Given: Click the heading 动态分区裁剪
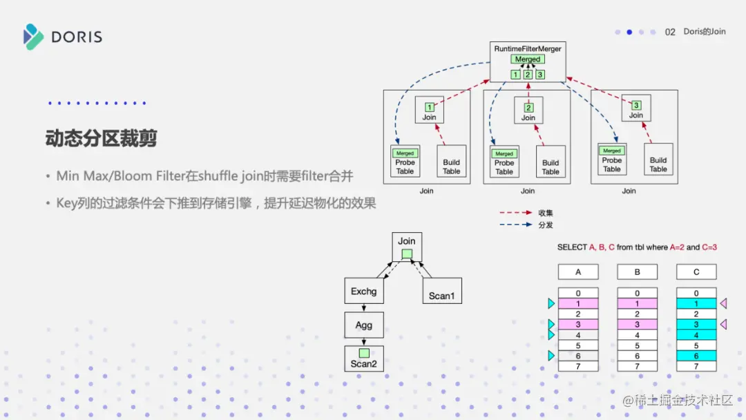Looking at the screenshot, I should [101, 138].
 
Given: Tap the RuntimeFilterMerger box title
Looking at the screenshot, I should [527, 49].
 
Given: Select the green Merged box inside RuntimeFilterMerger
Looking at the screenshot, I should [528, 59].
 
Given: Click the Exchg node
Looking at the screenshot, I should [364, 292].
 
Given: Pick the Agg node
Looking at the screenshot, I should [364, 325].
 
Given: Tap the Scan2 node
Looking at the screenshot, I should [364, 359].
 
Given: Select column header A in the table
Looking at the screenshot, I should [578, 271].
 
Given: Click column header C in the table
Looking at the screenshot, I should [696, 271].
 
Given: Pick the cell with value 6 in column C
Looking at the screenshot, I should [696, 356].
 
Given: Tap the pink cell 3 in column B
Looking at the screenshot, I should [637, 325].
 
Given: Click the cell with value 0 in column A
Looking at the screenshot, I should [578, 294].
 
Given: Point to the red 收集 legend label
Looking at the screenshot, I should [545, 213].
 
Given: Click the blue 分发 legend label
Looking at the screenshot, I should [545, 225].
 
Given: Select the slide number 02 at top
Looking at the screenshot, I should [670, 32].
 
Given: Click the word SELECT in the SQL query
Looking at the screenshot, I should [572, 247].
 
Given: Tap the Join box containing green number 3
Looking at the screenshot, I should [635, 109].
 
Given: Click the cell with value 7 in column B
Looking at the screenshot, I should [637, 366].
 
